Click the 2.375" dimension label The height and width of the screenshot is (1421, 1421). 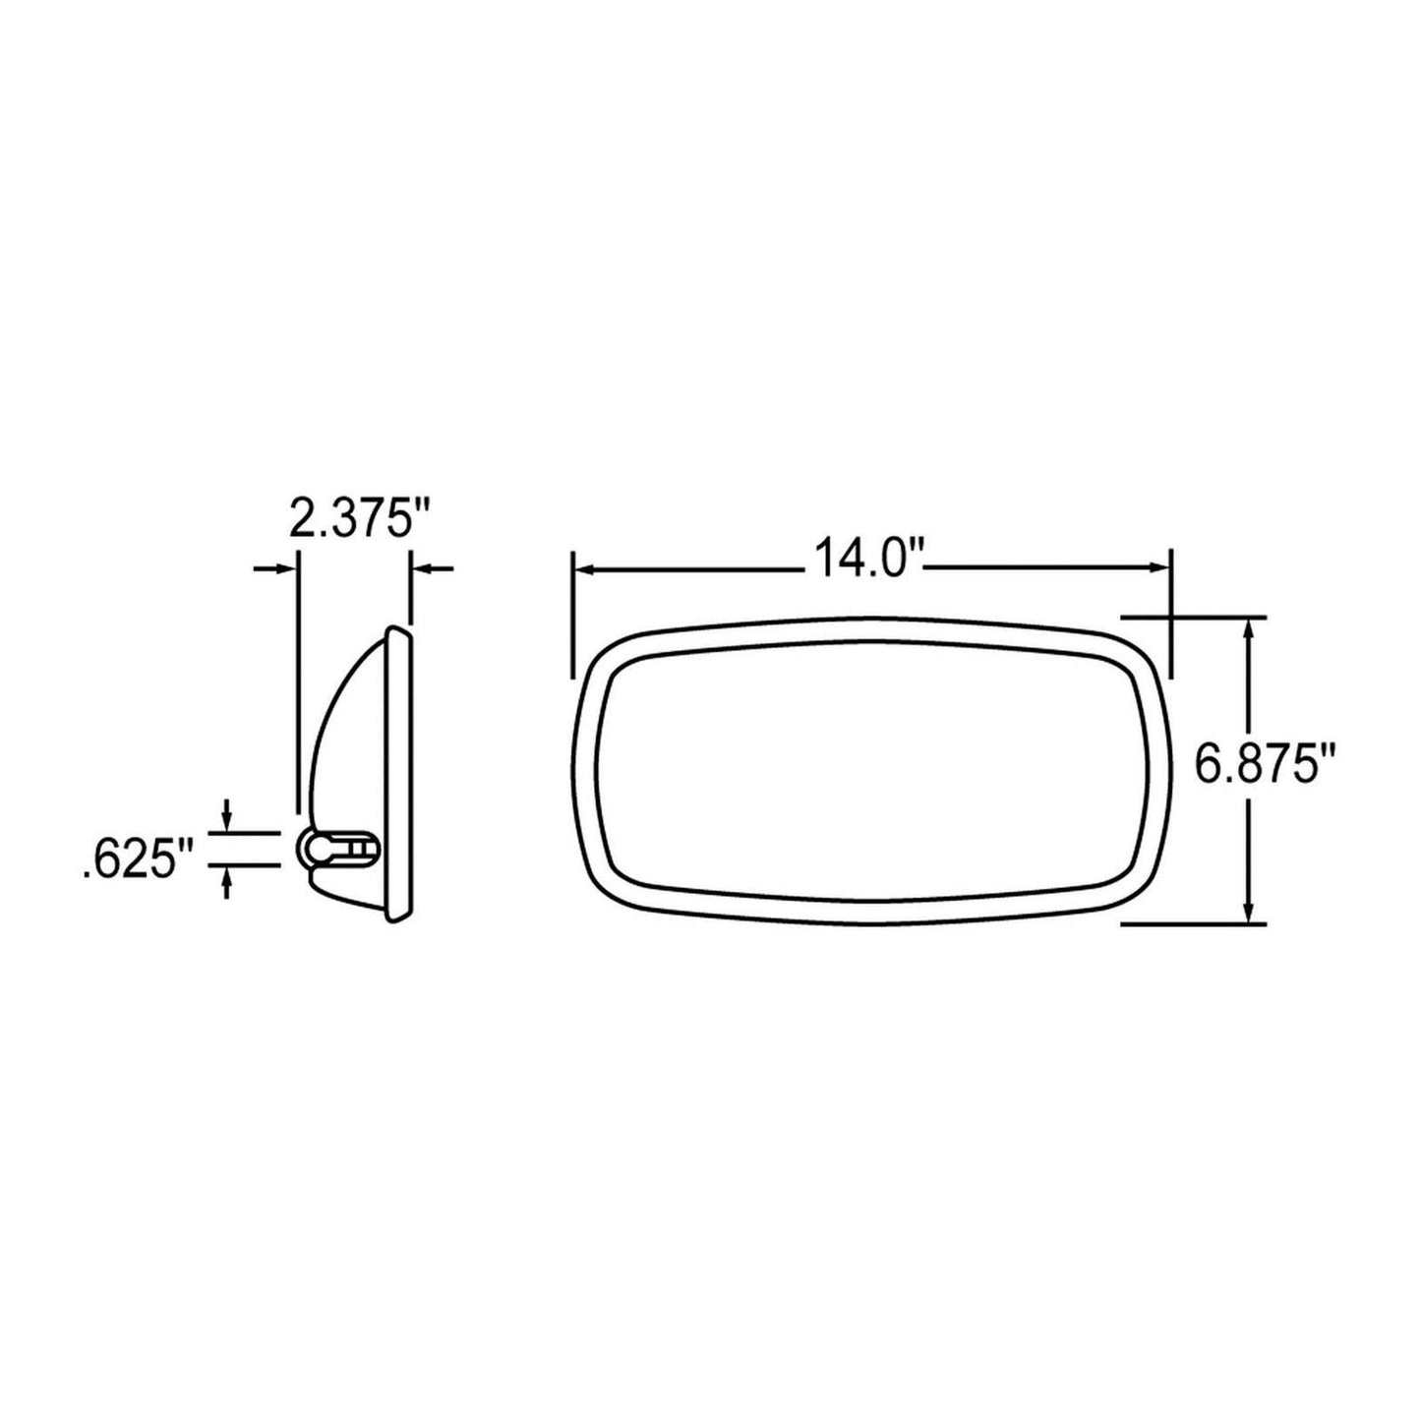[x=362, y=519]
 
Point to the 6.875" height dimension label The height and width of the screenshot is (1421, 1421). [x=1269, y=764]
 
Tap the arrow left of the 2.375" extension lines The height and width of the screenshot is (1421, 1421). [x=285, y=568]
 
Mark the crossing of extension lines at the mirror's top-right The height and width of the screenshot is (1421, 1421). [x=1171, y=618]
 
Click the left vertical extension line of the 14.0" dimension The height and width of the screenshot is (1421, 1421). [x=571, y=615]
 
